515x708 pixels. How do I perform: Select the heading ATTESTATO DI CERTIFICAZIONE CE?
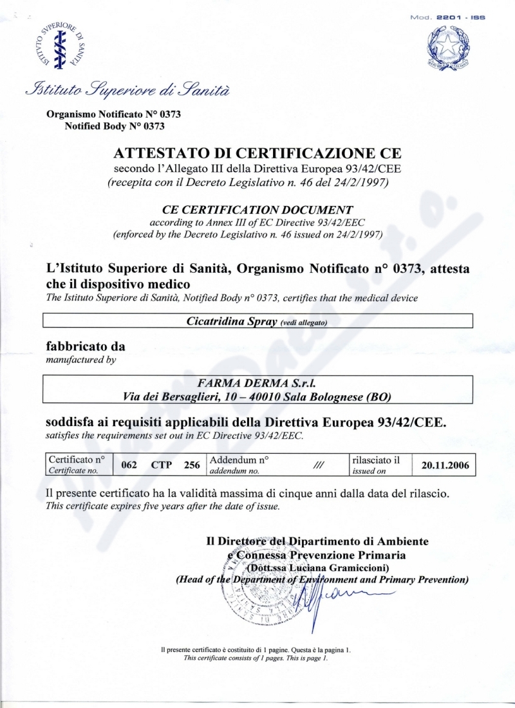click(x=257, y=153)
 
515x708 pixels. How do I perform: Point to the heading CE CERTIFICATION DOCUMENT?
click(x=257, y=209)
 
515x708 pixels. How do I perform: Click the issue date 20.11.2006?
click(x=445, y=464)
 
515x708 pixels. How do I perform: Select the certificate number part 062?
click(x=129, y=465)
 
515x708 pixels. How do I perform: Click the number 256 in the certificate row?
click(x=192, y=465)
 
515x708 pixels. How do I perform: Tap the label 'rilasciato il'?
click(x=376, y=460)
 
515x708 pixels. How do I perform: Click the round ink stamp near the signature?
click(x=254, y=589)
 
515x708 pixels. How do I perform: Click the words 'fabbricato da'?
click(x=86, y=346)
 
